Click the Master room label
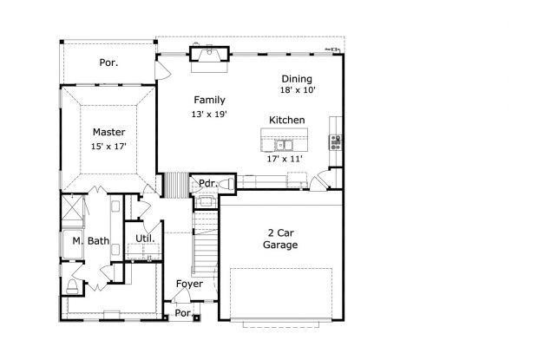(108, 132)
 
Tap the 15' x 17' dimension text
(108, 147)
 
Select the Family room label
(209, 100)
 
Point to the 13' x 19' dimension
(209, 115)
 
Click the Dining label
(297, 79)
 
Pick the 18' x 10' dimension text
(298, 90)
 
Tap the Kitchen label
(287, 120)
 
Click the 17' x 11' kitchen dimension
(285, 159)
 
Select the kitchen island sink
(284, 145)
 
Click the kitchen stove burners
(336, 142)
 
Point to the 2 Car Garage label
(280, 239)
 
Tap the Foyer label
(189, 284)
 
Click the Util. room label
(145, 239)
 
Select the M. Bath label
(91, 241)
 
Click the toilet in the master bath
(72, 286)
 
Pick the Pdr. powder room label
(208, 183)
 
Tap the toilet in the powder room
(226, 184)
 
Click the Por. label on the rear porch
(108, 62)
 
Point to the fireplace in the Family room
(209, 55)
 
